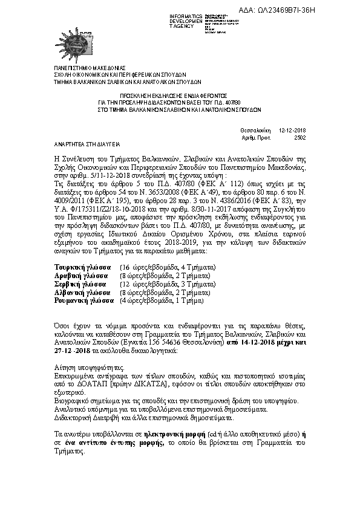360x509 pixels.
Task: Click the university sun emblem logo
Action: [77, 42]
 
